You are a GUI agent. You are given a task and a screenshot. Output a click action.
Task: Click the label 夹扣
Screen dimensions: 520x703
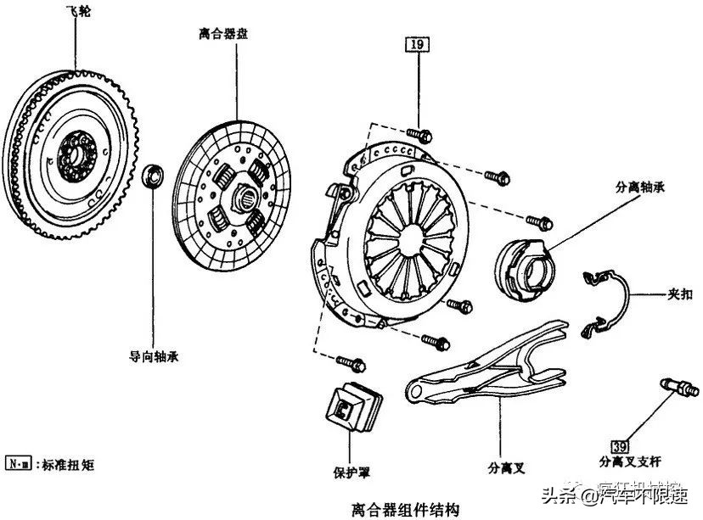tap(679, 295)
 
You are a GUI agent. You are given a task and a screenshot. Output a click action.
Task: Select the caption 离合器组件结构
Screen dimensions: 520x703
tap(406, 509)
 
